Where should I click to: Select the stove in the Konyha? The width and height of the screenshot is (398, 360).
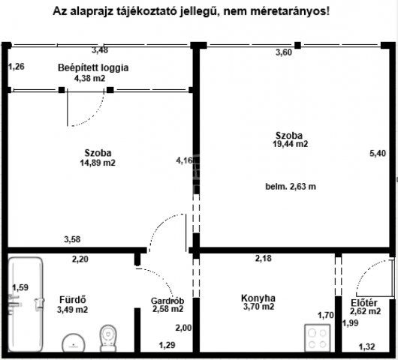point(318,337)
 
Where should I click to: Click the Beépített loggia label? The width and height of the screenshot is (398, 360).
point(93,67)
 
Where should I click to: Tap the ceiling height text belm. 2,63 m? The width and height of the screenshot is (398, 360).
point(290,187)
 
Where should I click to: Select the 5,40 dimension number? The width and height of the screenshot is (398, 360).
point(378,154)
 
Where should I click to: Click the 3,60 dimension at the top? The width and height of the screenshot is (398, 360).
point(284,52)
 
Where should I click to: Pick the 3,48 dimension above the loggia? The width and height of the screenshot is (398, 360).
point(99,50)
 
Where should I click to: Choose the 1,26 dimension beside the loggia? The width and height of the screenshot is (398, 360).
point(17,67)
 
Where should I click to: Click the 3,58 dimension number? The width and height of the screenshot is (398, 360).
point(72,240)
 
